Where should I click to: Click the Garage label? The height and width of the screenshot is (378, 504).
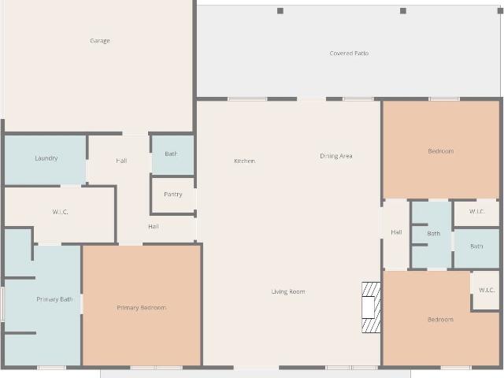coord(100,41)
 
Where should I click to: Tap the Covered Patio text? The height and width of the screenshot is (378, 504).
coord(349,54)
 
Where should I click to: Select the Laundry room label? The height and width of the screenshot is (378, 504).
coord(46,158)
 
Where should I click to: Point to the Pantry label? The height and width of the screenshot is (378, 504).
coord(173,195)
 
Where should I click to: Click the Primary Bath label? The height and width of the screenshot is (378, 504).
coord(54,299)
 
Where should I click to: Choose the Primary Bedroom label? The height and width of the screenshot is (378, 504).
coord(142,308)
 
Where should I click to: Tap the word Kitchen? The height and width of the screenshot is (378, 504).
coord(245,161)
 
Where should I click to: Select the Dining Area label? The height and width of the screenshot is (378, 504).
coord(336,156)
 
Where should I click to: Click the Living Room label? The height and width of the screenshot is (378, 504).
coord(288,291)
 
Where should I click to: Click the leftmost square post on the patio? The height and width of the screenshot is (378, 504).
coord(280,11)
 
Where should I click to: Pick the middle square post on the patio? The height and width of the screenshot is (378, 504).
coord(403,11)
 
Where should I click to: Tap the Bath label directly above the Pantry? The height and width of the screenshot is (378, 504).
coord(171,154)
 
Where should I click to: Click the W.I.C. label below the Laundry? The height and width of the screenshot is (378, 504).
coord(60,212)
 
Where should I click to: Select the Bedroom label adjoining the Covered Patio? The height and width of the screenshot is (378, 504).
coord(441,151)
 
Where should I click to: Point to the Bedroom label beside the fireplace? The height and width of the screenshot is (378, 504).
coord(440,319)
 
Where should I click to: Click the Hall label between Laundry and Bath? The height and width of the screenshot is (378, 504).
coord(121,161)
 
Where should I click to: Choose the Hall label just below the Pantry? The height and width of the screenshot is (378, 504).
coord(154,226)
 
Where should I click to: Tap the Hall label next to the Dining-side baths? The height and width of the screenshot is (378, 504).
coord(396,232)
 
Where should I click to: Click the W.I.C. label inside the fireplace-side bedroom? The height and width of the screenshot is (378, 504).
coord(487,290)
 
